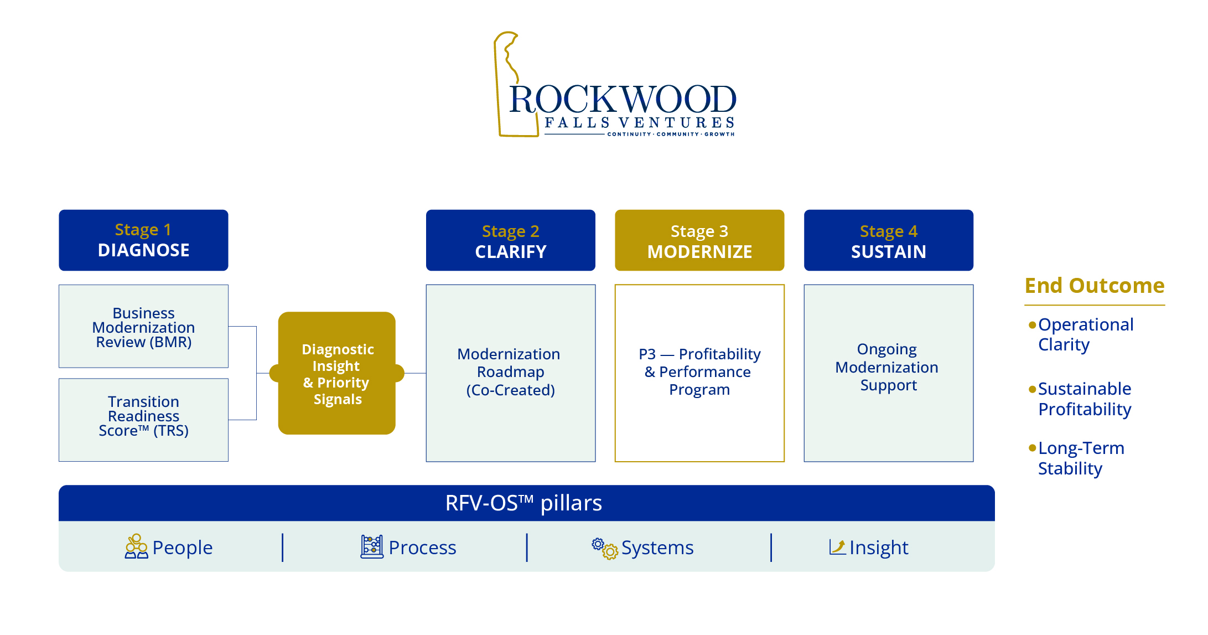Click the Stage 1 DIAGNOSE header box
(143, 240)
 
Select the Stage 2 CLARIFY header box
(510, 240)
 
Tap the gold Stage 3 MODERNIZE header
(699, 240)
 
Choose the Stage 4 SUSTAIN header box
(888, 240)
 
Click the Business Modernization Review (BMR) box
(143, 327)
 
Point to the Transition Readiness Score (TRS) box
(143, 420)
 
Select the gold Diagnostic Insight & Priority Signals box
(337, 374)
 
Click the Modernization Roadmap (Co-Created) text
(510, 372)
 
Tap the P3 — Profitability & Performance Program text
(699, 371)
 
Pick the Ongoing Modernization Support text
(888, 367)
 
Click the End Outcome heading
(1094, 286)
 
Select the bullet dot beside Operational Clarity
(1032, 325)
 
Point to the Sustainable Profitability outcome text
(1084, 399)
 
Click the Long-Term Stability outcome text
(1081, 458)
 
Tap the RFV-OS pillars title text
(523, 503)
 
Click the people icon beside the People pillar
(136, 546)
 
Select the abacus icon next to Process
(372, 546)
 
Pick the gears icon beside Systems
(604, 548)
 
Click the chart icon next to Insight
(837, 547)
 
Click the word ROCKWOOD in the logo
(623, 100)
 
